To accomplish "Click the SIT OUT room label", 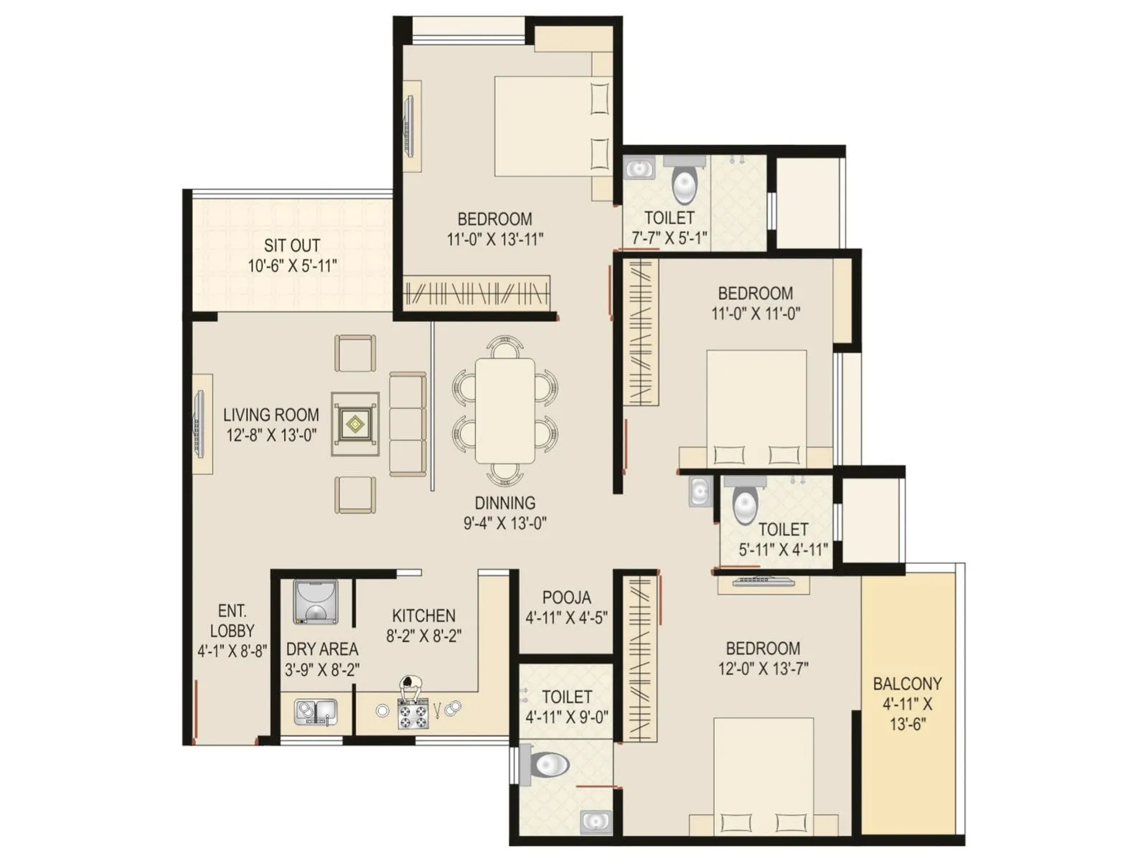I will point(291,245).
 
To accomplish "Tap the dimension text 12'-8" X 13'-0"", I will point(271,435).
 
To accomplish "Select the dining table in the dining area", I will point(505,411).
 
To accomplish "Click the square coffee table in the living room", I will point(355,424).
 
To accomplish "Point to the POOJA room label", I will point(567,597).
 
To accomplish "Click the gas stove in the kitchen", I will point(413,713).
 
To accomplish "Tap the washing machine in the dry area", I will point(315,602).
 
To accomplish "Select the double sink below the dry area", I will point(315,712).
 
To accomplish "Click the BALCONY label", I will point(907,684).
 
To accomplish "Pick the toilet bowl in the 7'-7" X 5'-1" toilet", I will point(684,184).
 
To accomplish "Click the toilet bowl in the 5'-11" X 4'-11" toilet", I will point(745,504).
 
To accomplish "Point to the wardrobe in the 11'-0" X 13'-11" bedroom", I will point(476,293).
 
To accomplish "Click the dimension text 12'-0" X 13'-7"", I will point(763,669).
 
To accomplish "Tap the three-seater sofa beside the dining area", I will point(408,423).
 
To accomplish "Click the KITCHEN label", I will point(423,616).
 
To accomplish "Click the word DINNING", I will point(504,503).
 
